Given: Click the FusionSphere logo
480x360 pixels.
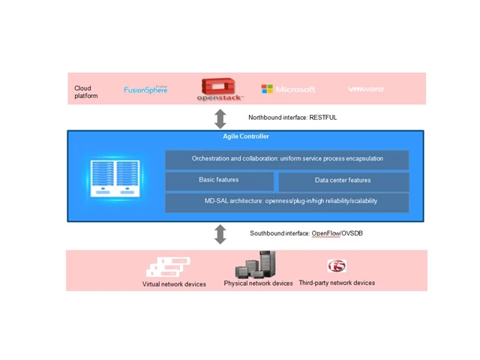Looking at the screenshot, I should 145,90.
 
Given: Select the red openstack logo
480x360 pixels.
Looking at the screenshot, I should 220,89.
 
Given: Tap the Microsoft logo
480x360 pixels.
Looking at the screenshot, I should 288,89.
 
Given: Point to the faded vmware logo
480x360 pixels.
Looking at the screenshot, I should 366,89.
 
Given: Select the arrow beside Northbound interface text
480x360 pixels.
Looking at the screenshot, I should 220,118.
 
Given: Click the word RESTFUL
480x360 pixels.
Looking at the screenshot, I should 323,118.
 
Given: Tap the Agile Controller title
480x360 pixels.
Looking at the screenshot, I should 245,136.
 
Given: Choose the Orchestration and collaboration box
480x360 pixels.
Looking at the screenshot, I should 287,159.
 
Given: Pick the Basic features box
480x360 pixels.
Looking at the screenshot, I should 219,181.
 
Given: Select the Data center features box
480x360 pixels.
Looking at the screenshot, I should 343,181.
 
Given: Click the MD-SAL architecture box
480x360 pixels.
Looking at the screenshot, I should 287,202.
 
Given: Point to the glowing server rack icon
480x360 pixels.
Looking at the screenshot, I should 112,178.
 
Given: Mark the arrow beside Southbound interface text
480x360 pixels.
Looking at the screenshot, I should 220,234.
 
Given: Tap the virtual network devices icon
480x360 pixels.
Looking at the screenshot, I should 169,267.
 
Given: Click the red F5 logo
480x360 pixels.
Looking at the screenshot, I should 337,266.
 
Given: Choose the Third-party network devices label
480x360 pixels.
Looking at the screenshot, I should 337,283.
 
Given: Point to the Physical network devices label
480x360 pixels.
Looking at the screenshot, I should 258,283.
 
